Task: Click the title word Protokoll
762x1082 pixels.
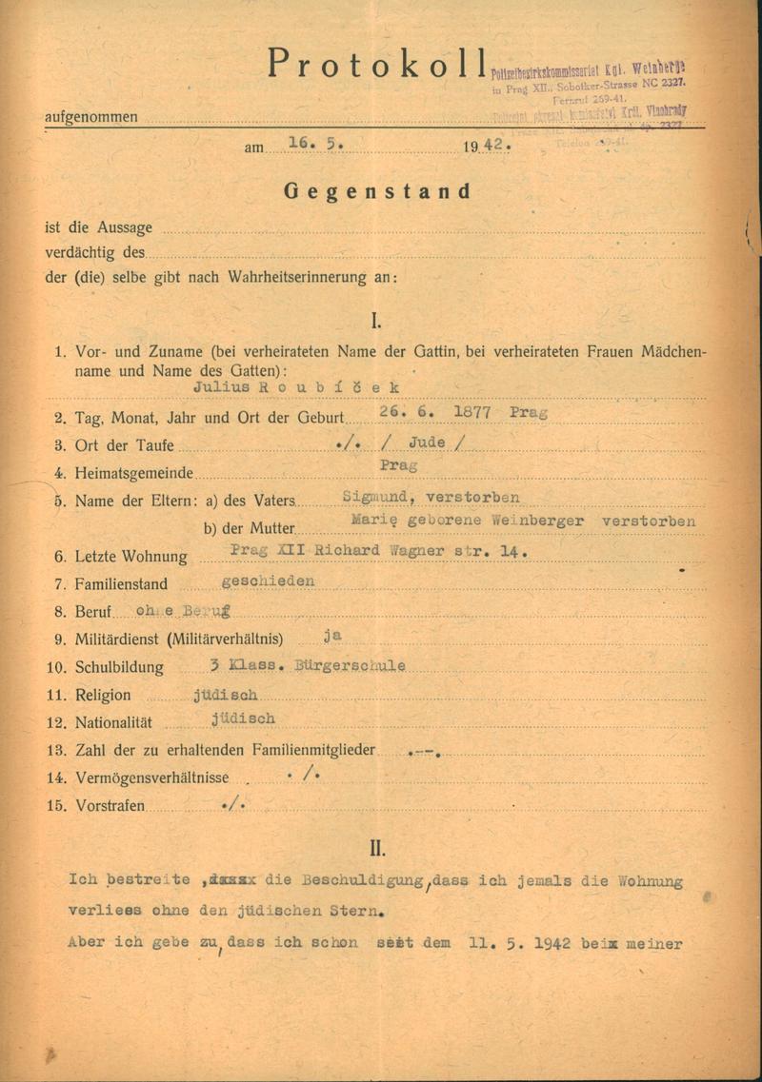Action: pyautogui.click(x=377, y=64)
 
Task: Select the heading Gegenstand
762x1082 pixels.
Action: pyautogui.click(x=377, y=190)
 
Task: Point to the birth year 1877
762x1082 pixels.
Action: pyautogui.click(x=477, y=412)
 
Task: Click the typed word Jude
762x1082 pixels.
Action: pyautogui.click(x=427, y=443)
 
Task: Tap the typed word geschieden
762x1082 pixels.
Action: pyautogui.click(x=268, y=580)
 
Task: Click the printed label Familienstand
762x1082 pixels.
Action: pyautogui.click(x=123, y=584)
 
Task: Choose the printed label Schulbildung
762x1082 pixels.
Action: pyautogui.click(x=121, y=667)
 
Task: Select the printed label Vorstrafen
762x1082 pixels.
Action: pyautogui.click(x=110, y=806)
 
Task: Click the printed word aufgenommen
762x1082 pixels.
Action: pyautogui.click(x=90, y=118)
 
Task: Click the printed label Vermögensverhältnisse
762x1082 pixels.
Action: pyautogui.click(x=150, y=777)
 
